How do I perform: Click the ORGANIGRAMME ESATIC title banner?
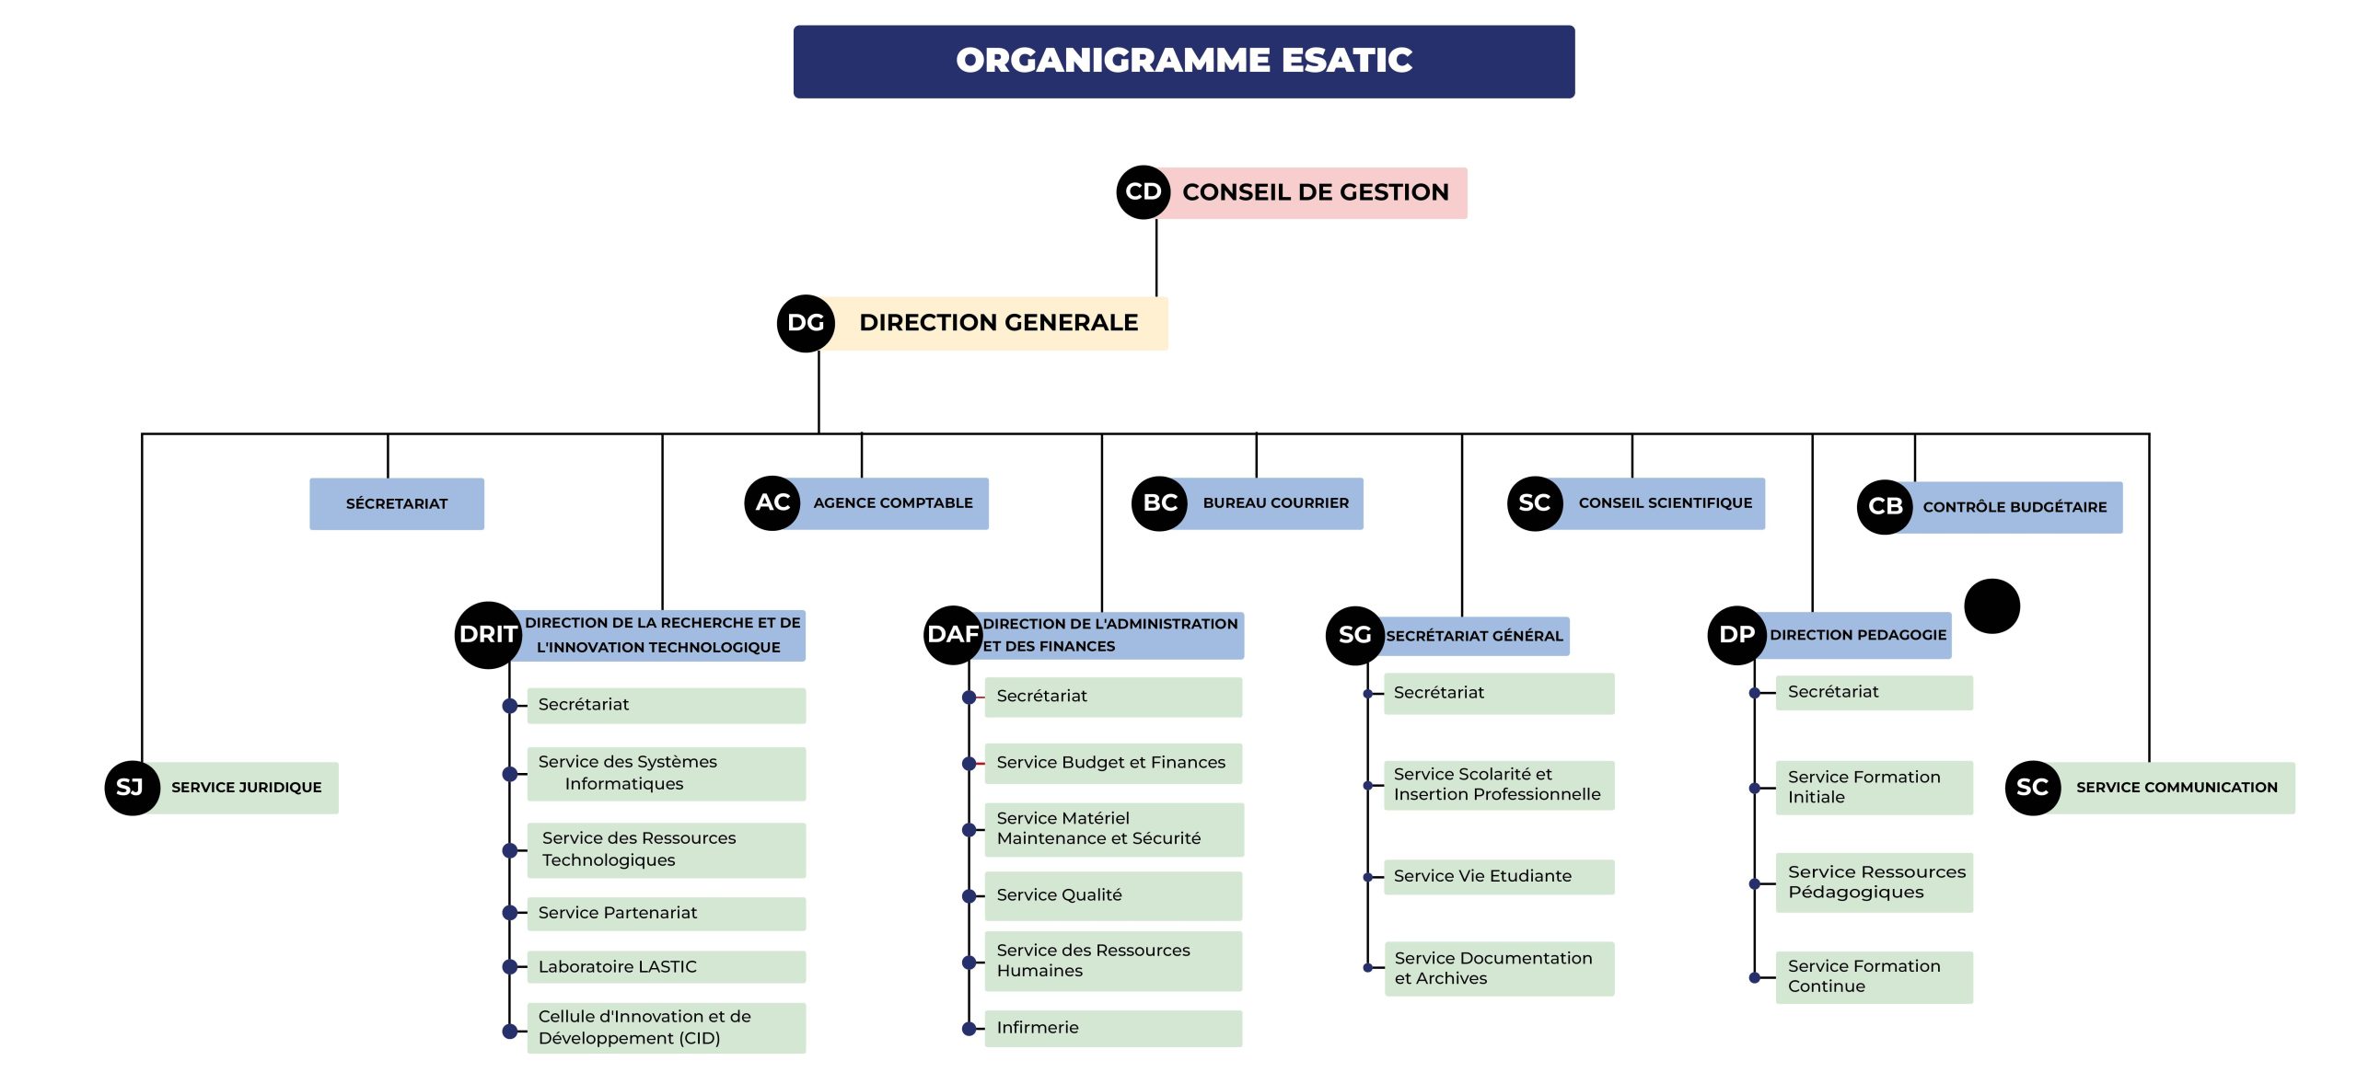pos(1183,61)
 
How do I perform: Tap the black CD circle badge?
pos(1143,192)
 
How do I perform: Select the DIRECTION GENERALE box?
pos(998,323)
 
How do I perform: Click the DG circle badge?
pos(806,323)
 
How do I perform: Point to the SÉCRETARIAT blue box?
pos(396,503)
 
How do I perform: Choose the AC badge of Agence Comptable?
pos(772,502)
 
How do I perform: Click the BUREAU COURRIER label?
pos(1275,503)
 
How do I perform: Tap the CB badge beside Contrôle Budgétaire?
pos(1885,506)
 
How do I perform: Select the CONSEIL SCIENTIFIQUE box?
pos(1665,503)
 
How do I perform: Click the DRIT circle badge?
pos(487,634)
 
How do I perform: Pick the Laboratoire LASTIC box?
pos(665,966)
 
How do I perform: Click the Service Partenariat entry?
pos(665,913)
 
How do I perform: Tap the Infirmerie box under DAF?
pos(1112,1028)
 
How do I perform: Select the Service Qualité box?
pos(1112,895)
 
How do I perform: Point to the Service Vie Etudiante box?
pos(1498,876)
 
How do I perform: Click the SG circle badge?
pos(1354,635)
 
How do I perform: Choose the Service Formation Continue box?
pos(1873,976)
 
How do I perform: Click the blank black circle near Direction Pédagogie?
pos(1991,606)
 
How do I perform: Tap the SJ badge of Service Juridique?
pos(131,788)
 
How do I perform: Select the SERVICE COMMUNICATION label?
pos(2176,788)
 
